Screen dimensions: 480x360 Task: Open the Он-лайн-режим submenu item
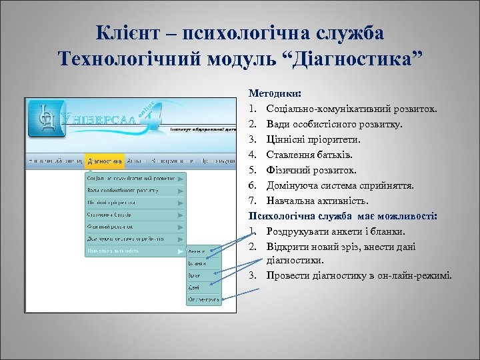click(x=203, y=300)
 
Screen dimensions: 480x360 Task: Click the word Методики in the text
click(x=275, y=93)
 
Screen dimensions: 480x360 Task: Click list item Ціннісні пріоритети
click(x=313, y=139)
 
